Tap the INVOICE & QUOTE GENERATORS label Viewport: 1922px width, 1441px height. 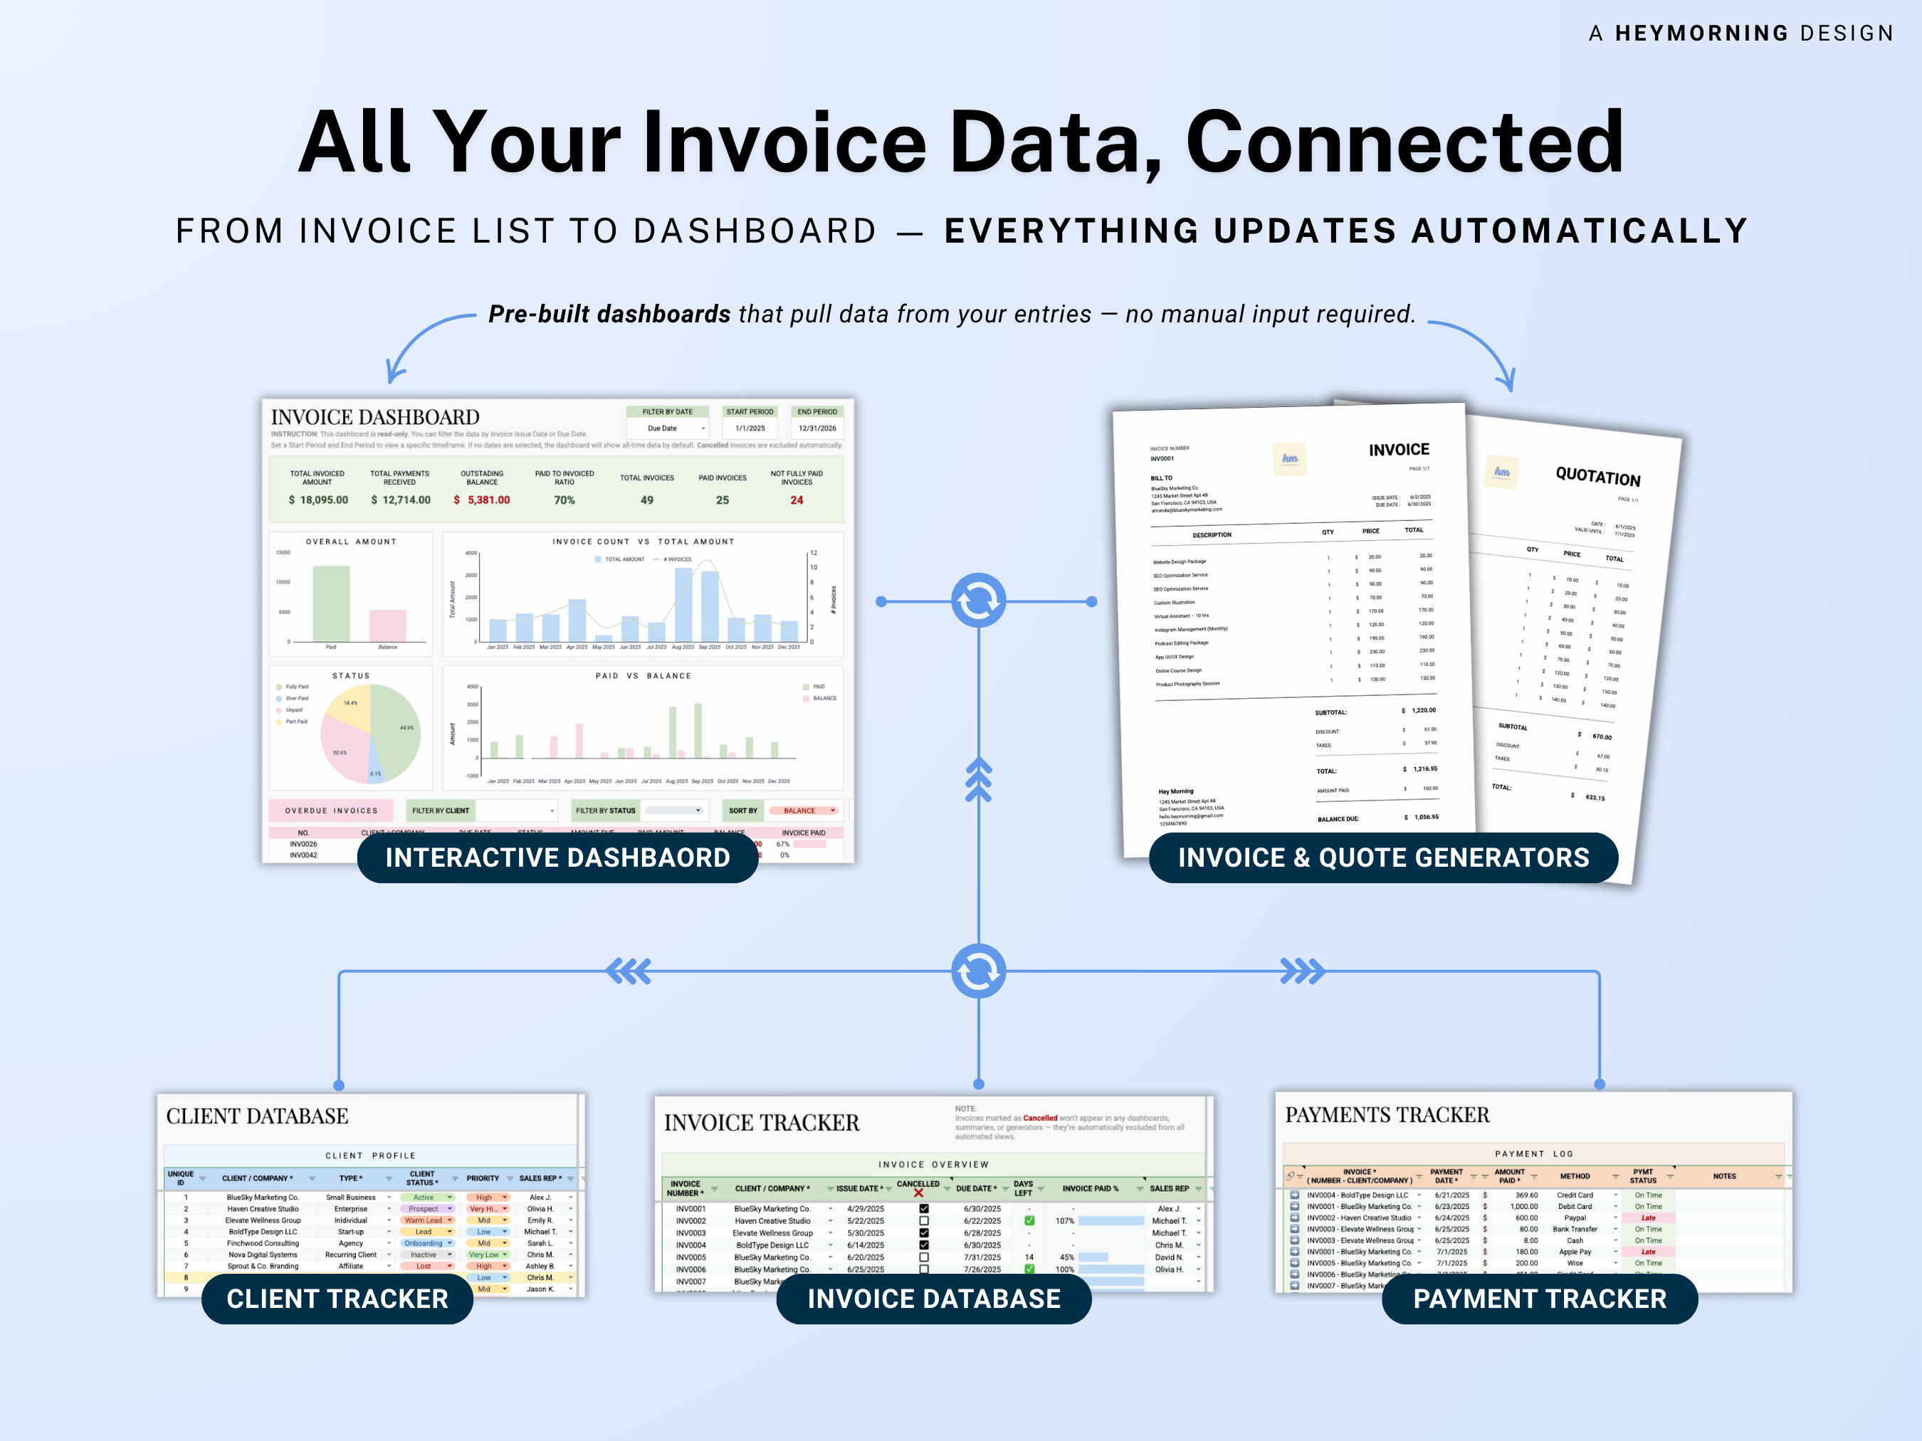(1382, 857)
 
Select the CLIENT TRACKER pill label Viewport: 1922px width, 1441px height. (337, 1299)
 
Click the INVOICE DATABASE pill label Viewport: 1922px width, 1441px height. (933, 1299)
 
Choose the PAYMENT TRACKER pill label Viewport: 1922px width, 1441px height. (1539, 1299)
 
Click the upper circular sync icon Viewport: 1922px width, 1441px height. (978, 600)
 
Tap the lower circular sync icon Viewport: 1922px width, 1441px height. (978, 971)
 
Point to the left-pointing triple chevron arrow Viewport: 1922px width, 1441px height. (629, 971)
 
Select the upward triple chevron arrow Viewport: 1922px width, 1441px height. (978, 778)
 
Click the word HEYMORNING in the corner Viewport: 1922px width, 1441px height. (1701, 33)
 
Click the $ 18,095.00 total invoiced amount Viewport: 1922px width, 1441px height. (318, 500)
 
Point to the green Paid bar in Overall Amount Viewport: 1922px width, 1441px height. (331, 603)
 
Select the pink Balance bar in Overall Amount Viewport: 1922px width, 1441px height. (387, 626)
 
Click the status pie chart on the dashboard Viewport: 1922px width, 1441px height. (371, 734)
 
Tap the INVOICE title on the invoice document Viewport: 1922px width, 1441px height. (1399, 450)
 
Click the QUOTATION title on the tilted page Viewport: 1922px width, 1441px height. (1598, 476)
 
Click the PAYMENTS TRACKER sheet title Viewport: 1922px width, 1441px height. (1387, 1114)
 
